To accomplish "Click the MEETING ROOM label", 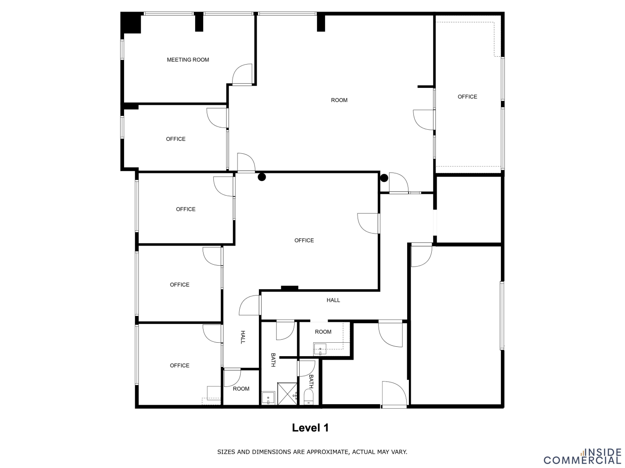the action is (x=188, y=60).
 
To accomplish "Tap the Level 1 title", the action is (x=310, y=427).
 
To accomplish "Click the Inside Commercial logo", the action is (x=583, y=456).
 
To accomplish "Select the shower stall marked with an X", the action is (x=287, y=394).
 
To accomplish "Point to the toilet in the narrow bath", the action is (x=308, y=397).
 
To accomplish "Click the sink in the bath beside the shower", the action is (x=268, y=398).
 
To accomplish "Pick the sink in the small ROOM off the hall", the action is (x=320, y=349).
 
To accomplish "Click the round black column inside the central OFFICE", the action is (x=262, y=177).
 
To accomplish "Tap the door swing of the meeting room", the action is (x=242, y=74).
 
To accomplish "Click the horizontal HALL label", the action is (x=333, y=300).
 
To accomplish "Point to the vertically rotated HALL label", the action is (x=243, y=337).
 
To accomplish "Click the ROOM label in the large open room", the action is (x=339, y=100).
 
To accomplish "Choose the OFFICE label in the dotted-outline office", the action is (x=467, y=97).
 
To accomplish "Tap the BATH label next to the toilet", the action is (x=311, y=382).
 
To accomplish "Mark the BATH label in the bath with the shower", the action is (x=273, y=360).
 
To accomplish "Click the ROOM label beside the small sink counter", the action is (x=323, y=332).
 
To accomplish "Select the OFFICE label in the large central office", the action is (x=304, y=240).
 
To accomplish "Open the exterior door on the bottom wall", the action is (x=394, y=395).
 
